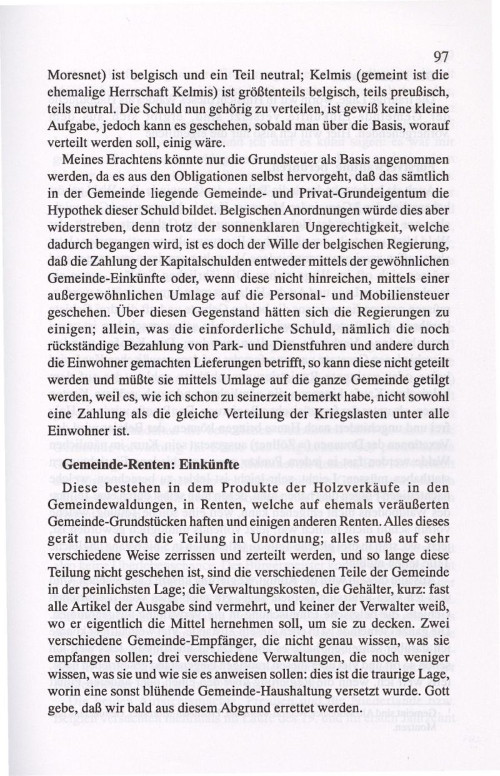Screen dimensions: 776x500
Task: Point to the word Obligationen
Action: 204,177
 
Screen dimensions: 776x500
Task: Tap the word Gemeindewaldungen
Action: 107,502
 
